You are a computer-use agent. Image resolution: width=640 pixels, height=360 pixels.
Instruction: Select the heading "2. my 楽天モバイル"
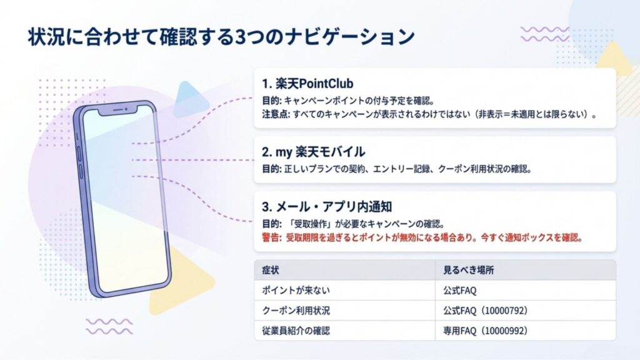point(313,152)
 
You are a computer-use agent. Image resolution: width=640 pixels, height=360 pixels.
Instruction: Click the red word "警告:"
point(272,238)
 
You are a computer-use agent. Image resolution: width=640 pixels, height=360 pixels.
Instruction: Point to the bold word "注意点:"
point(276,114)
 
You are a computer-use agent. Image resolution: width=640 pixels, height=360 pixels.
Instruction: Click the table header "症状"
point(271,270)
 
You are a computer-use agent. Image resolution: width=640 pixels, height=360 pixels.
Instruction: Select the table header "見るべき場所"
point(466,270)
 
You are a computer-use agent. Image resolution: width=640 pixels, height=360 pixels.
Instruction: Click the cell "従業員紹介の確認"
point(293,330)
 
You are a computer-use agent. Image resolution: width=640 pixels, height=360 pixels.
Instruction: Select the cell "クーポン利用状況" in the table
point(293,310)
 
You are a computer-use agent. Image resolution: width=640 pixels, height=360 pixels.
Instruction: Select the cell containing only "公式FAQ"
point(458,290)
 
